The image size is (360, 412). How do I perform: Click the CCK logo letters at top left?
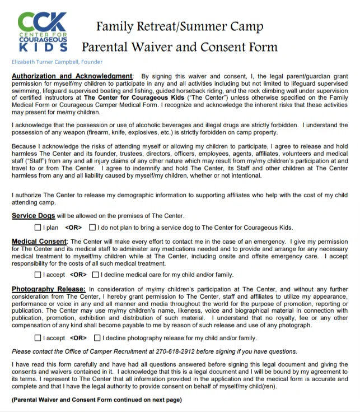42,22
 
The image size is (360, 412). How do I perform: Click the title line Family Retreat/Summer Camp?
179,26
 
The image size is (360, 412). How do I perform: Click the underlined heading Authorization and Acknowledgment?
72,76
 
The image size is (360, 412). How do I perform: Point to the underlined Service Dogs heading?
33,216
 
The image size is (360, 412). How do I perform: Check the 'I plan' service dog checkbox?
38,228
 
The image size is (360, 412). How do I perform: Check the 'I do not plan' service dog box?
92,228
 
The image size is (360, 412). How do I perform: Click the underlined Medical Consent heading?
39,242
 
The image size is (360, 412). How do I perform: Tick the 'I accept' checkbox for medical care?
38,275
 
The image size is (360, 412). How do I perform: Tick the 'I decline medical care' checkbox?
96,275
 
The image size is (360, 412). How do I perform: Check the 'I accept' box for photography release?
38,338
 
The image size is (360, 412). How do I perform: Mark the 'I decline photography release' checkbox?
98,338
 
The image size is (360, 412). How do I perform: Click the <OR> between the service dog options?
73,228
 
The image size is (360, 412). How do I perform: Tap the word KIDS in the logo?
42,48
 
